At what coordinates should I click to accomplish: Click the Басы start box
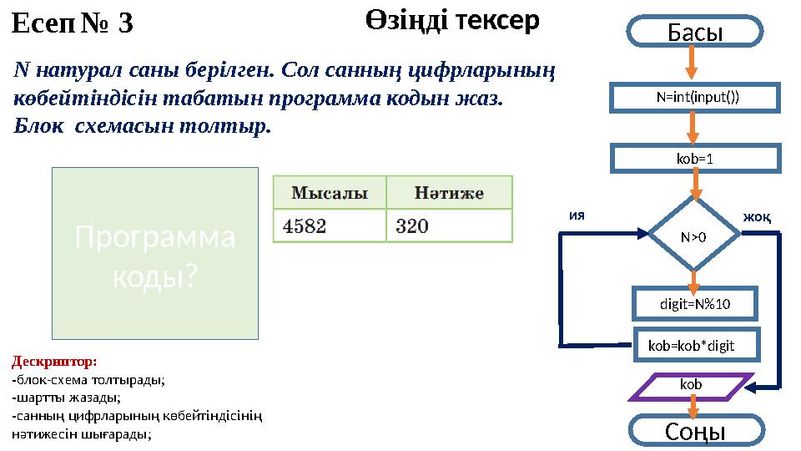tap(695, 32)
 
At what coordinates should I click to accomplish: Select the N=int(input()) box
tap(697, 97)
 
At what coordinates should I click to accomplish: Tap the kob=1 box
tap(697, 158)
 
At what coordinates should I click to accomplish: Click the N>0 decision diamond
tap(693, 236)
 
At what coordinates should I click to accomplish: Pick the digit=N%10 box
tap(695, 304)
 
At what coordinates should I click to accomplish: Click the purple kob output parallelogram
tap(691, 386)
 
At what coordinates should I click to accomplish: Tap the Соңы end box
tap(694, 431)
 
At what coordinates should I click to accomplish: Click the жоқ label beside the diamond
tap(756, 217)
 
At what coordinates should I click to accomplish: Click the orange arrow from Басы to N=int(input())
tap(692, 63)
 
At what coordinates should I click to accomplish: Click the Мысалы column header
tap(330, 193)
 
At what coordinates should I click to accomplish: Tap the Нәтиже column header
tap(449, 193)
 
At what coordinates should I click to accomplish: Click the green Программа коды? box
tap(155, 254)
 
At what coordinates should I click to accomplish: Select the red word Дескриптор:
tap(54, 362)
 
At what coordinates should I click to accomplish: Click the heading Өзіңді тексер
tap(452, 21)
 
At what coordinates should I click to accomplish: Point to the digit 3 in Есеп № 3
tap(125, 25)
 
